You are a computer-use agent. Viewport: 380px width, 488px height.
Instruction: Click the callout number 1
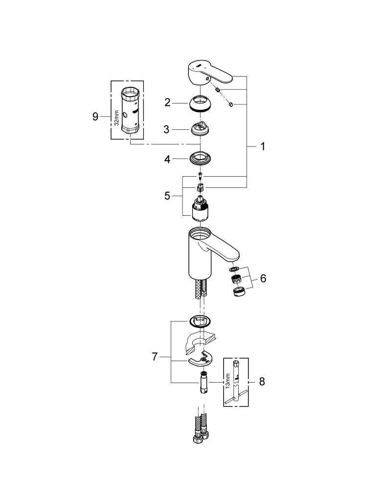[x=263, y=146]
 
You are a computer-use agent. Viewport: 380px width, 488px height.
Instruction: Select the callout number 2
[x=167, y=102]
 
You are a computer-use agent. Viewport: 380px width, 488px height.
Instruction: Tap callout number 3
[x=167, y=130]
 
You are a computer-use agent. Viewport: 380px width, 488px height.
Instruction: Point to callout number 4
[x=167, y=159]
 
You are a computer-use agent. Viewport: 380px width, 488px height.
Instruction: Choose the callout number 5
[x=167, y=196]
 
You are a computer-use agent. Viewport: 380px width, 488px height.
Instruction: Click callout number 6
[x=263, y=279]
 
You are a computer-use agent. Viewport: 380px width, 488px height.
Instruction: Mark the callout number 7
[x=155, y=357]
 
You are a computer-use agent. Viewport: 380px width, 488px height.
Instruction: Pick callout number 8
[x=262, y=382]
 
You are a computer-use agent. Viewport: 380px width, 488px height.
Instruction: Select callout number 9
[x=95, y=116]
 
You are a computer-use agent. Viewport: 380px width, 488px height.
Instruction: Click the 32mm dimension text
[x=117, y=117]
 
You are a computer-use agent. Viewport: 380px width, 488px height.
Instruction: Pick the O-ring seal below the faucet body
[x=201, y=321]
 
